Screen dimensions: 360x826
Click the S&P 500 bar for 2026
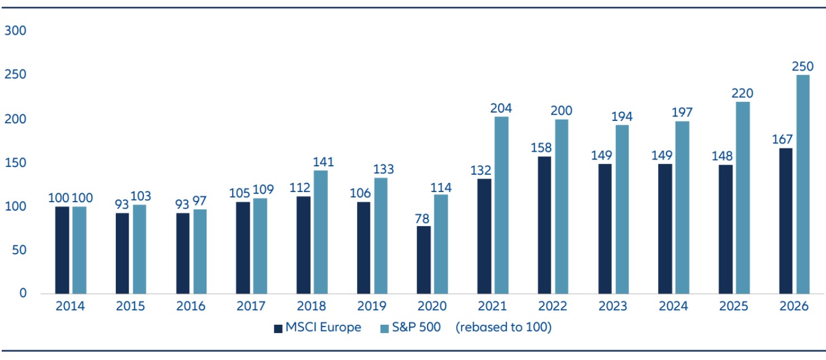coord(802,184)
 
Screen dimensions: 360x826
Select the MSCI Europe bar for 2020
coord(424,260)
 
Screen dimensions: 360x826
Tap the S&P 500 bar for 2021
coord(501,205)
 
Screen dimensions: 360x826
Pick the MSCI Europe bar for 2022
coord(544,225)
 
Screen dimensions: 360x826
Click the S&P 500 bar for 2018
coord(321,232)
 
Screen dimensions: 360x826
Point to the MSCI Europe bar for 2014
coord(62,250)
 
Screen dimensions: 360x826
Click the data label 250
coord(802,67)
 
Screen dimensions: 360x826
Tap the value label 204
coord(501,108)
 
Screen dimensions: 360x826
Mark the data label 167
coord(786,139)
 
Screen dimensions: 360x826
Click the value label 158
coord(544,148)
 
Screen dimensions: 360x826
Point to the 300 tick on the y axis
coord(15,31)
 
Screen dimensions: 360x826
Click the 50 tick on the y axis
coord(18,250)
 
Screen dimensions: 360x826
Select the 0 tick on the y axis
coord(22,293)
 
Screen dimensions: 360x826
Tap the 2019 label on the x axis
coord(372,307)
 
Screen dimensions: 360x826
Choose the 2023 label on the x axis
coord(613,307)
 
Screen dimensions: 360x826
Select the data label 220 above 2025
coord(742,93)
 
